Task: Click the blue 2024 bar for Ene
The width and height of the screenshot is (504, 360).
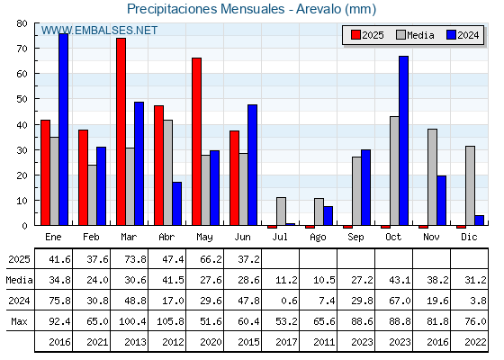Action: point(63,130)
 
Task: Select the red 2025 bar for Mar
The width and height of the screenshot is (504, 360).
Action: point(121,131)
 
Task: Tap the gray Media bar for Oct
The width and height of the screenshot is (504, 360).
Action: point(394,171)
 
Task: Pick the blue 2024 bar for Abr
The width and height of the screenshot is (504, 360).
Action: point(176,203)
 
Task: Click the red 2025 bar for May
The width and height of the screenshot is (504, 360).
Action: point(197,141)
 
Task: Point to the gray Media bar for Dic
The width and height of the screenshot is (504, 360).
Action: point(470,185)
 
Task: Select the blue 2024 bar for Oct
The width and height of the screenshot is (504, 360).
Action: point(404,140)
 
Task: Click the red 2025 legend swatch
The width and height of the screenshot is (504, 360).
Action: point(355,35)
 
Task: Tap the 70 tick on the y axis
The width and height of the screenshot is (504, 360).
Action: point(22,49)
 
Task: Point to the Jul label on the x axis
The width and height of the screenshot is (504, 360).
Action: point(280,237)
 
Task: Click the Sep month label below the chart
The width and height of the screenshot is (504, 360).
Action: point(355,238)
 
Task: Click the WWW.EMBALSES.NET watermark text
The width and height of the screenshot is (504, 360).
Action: point(99,31)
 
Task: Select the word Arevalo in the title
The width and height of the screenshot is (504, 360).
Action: point(319,9)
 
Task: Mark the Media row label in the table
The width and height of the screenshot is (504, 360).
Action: point(19,280)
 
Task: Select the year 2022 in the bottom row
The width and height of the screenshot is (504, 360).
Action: point(475,342)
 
